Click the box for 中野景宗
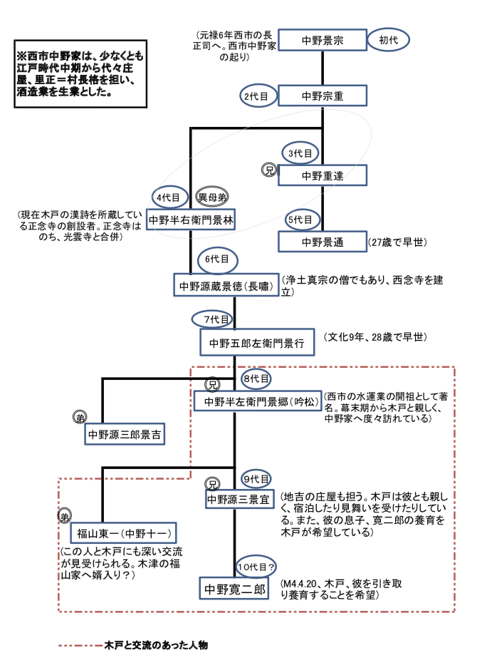pos(322,41)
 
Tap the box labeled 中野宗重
pos(322,95)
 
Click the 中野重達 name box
pos(322,175)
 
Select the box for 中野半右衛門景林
pos(191,220)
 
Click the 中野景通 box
pos(322,242)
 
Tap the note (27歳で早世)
pos(398,242)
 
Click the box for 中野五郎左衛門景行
pos(256,343)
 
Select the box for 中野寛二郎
pos(234,589)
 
